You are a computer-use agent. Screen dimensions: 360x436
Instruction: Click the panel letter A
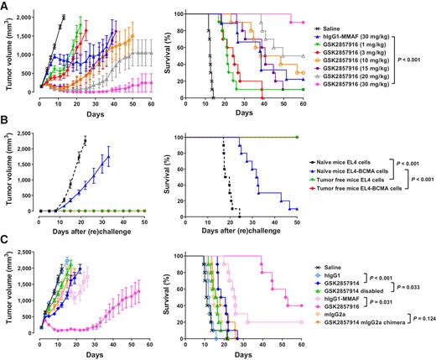[x=5, y=6]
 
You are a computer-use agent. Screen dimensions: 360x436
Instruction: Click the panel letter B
[x=5, y=128]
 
